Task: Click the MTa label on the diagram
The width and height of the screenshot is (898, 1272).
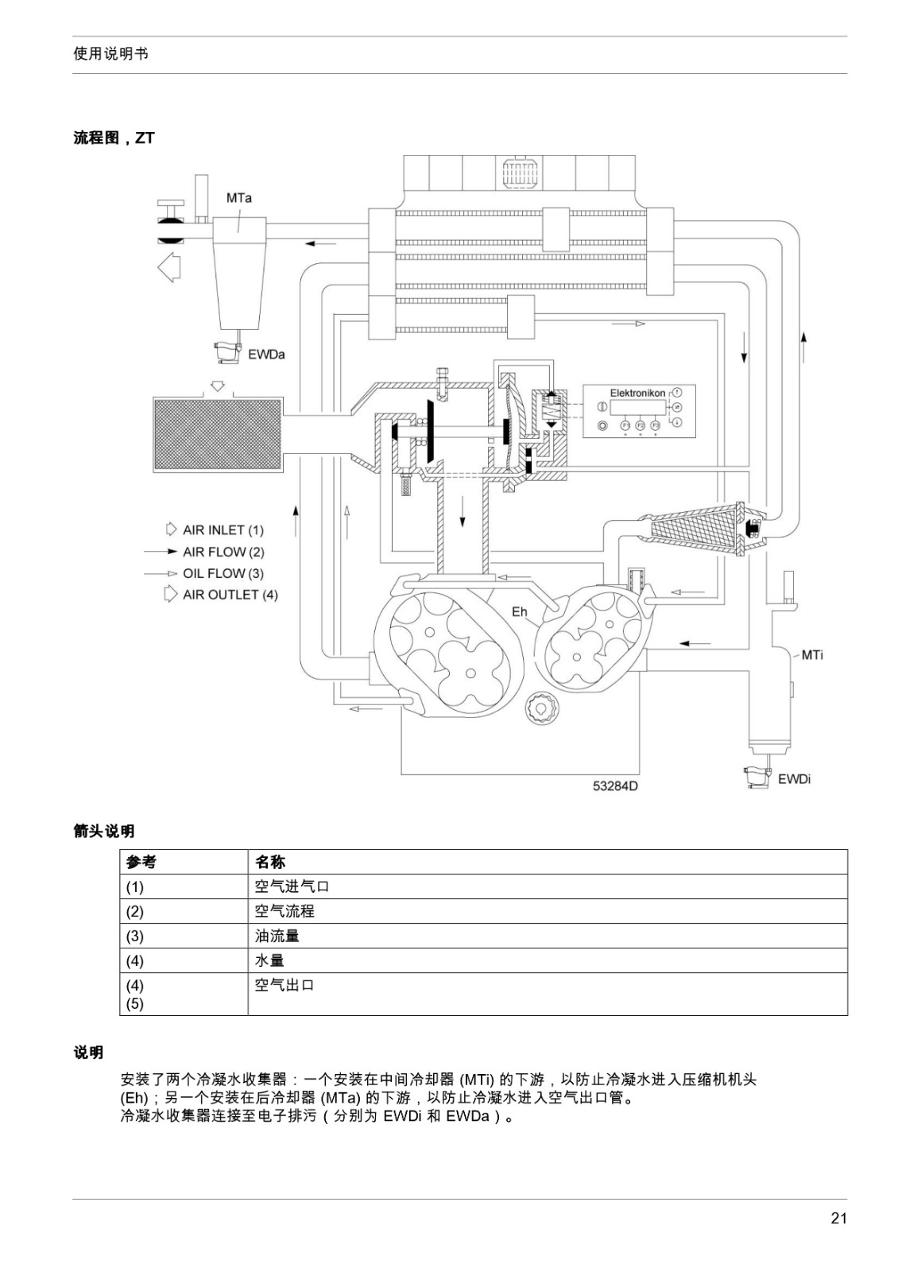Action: pos(238,198)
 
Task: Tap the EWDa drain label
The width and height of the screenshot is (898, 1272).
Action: pos(266,355)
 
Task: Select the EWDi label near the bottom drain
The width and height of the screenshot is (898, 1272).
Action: pos(794,779)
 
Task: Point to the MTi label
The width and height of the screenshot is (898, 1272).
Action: pos(811,655)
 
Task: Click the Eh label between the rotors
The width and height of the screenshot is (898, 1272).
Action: pos(519,611)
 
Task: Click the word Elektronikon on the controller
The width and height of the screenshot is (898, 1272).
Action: pos(637,393)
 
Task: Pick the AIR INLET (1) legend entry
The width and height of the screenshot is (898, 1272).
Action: pos(223,530)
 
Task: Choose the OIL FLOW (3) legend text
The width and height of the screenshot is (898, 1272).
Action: pos(223,573)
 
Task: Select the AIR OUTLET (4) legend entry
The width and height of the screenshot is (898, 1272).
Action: pos(230,595)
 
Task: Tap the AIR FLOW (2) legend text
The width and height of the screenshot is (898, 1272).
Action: pos(223,552)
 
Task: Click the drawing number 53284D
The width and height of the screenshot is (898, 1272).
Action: pos(615,786)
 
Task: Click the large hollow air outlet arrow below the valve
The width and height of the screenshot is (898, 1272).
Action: pos(169,267)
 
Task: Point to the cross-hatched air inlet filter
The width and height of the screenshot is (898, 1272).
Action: pos(218,435)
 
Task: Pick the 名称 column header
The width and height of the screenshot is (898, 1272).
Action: pos(270,862)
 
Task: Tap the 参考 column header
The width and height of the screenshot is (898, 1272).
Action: pos(141,862)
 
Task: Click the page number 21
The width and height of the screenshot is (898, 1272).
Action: pos(838,1218)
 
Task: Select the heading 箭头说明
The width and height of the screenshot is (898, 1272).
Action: pos(104,832)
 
